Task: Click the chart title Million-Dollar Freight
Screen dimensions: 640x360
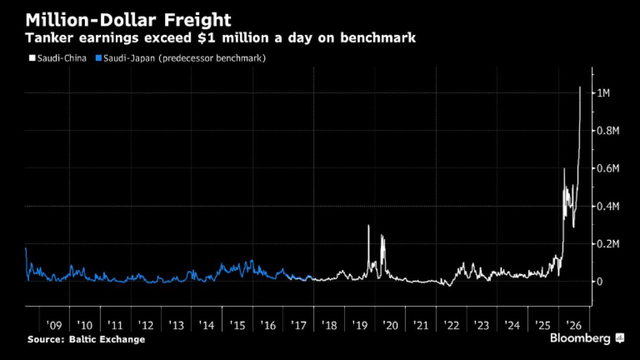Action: (x=129, y=20)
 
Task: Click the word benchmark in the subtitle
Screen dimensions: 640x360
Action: (x=378, y=38)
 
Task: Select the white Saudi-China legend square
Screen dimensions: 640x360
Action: (x=32, y=58)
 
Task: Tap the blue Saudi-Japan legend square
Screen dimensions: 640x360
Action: (x=99, y=58)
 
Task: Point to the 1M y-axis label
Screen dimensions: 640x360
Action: (x=603, y=93)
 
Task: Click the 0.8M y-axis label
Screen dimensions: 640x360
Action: (x=608, y=131)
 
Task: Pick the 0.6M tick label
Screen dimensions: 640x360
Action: (x=608, y=169)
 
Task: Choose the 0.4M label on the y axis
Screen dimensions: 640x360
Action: (x=608, y=206)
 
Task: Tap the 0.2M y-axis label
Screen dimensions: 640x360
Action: (x=608, y=244)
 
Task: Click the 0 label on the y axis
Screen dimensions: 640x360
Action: (x=599, y=282)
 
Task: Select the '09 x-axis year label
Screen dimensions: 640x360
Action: (x=54, y=325)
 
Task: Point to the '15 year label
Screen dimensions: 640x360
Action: (x=237, y=325)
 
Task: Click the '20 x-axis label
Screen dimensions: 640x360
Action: (x=390, y=325)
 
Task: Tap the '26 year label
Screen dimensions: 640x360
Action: (x=574, y=325)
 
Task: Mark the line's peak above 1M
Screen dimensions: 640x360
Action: (x=580, y=87)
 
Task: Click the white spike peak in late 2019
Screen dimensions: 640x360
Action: (x=369, y=226)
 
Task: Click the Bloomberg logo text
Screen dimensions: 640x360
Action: (x=580, y=338)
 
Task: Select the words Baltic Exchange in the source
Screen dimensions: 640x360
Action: (x=107, y=339)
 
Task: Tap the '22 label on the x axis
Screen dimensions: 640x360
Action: (x=451, y=325)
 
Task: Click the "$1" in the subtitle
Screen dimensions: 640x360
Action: (x=205, y=38)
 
